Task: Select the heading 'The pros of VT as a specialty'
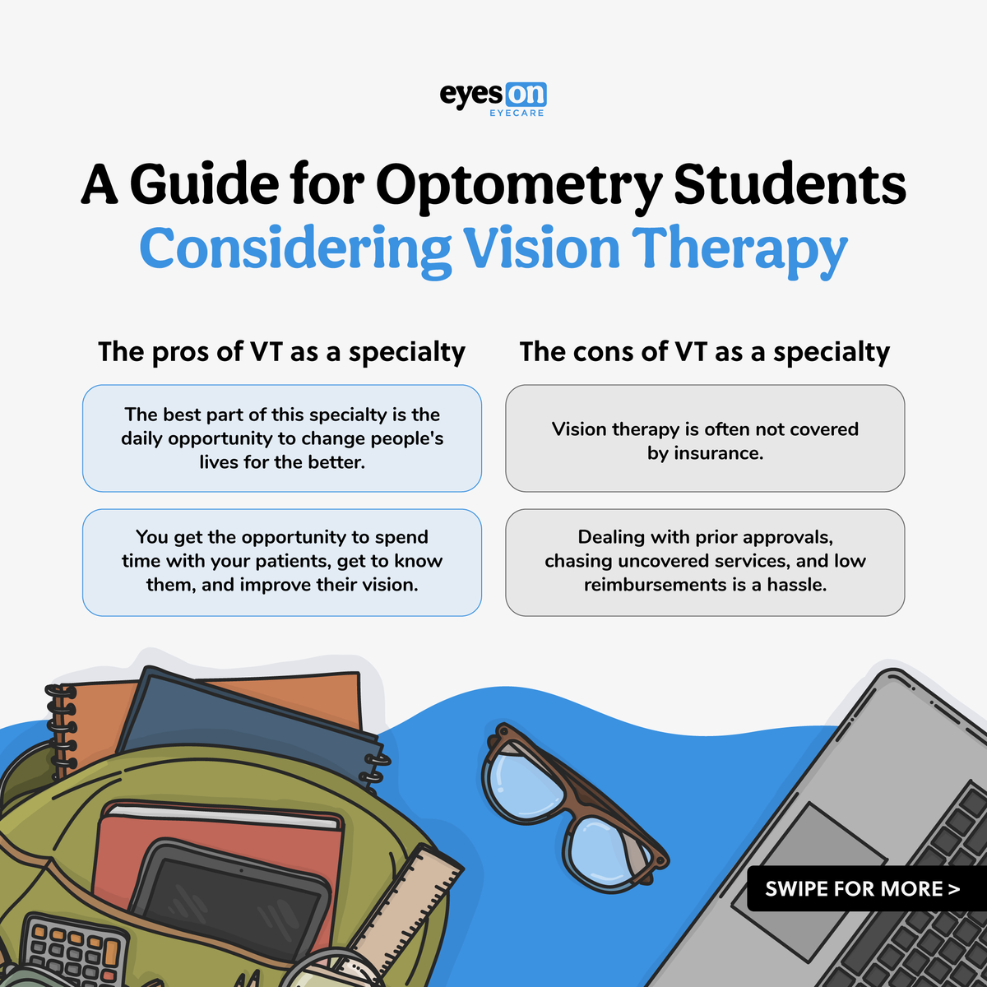281,352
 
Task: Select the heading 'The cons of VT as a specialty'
705,352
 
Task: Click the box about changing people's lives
281,438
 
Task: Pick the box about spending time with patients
281,562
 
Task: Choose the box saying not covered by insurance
705,438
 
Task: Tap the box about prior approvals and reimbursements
705,562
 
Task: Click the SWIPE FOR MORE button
862,889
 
